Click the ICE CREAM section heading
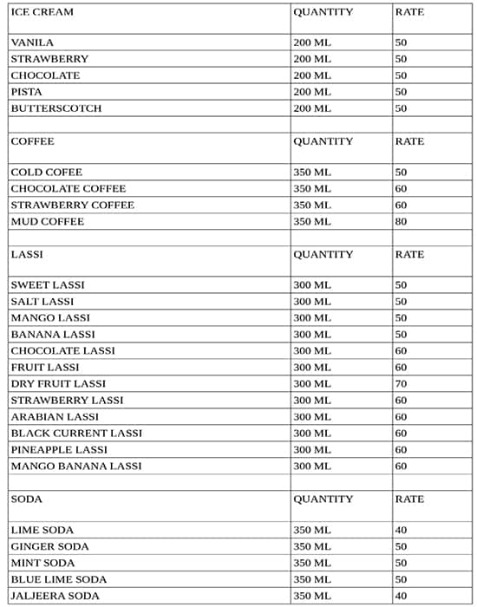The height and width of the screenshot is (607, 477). pos(42,12)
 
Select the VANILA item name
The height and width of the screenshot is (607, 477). pos(32,42)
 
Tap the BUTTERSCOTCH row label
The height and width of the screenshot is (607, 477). pos(56,108)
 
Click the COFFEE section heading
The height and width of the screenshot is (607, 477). pos(32,141)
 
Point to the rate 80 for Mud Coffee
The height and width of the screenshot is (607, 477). pos(401,222)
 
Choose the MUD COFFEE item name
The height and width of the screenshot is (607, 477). pos(47,222)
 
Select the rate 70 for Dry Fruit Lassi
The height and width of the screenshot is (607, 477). pos(401,383)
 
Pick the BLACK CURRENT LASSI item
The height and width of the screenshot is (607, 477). pos(76,433)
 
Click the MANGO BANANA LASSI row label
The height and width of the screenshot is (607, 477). pos(75,466)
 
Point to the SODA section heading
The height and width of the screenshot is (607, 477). pos(26,499)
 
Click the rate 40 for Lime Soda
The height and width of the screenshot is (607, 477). pos(401,530)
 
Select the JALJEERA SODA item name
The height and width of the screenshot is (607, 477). pos(55,596)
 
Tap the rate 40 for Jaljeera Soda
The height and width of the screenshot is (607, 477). pos(401,596)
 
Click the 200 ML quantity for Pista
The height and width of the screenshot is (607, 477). pos(312,92)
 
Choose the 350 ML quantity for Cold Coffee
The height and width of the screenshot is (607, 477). pos(312,173)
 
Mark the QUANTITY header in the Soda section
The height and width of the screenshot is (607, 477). pos(323,499)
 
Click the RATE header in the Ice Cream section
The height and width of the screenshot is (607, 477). pos(409,12)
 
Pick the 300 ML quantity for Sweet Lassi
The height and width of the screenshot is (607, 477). pos(312,285)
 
